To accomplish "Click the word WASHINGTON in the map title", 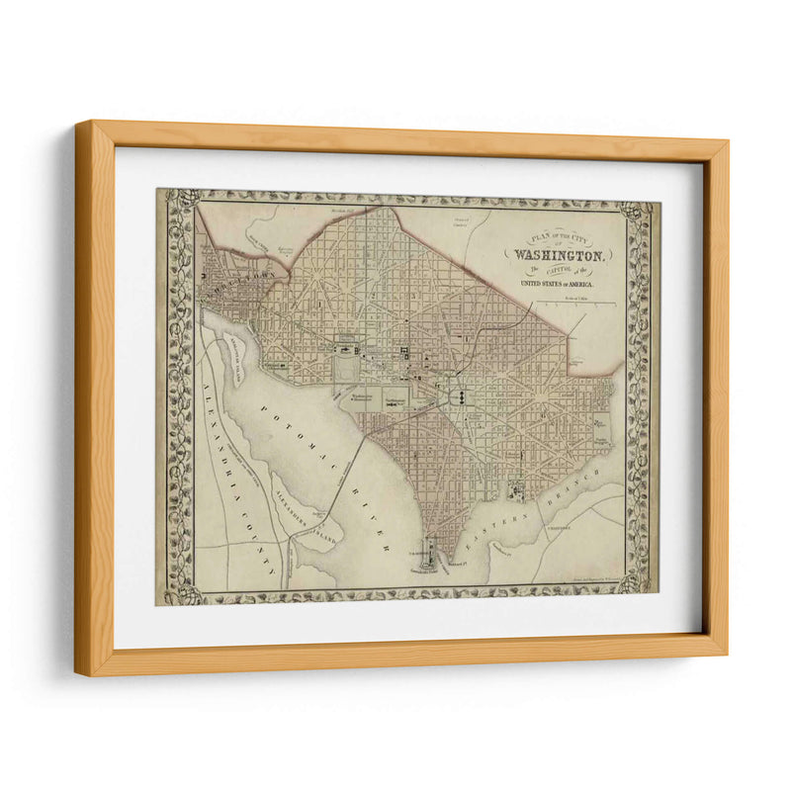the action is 561,254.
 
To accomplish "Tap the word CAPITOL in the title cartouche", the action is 561,269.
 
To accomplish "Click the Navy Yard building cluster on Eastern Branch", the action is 515,491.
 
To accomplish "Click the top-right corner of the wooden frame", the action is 728,141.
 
